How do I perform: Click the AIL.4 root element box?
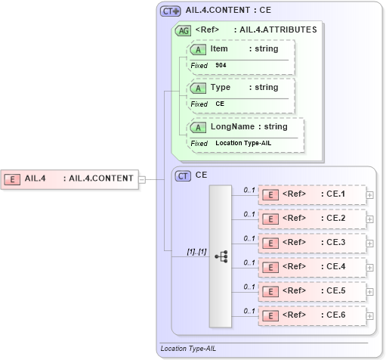(x=69, y=179)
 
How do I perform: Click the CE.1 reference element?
(x=312, y=194)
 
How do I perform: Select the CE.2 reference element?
(x=312, y=219)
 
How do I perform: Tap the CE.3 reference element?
(x=312, y=243)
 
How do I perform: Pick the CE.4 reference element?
(x=312, y=267)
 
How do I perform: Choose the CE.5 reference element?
(x=312, y=291)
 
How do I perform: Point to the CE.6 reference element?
(x=312, y=315)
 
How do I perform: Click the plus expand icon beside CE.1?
(x=369, y=195)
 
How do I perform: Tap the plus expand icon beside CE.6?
(x=369, y=316)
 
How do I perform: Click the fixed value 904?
(x=221, y=66)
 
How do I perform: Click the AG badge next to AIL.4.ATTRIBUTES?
(x=183, y=31)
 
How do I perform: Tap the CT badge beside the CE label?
(x=183, y=175)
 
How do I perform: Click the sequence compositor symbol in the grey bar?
(x=221, y=256)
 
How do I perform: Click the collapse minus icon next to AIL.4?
(x=142, y=180)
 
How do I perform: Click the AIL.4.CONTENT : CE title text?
(x=228, y=11)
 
